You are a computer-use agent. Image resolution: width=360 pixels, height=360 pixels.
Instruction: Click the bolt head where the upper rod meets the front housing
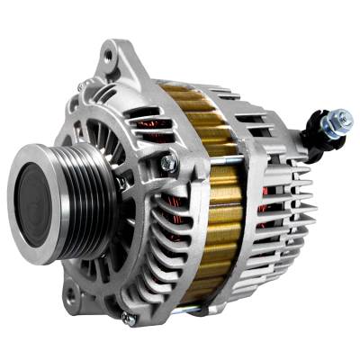click(167, 163)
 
